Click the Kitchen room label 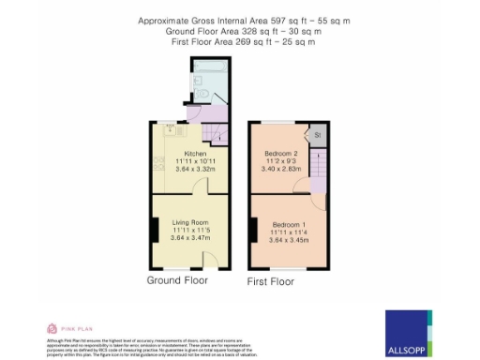[x=195, y=153]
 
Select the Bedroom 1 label [x=290, y=225]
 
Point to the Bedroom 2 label [x=282, y=153]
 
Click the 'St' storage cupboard [x=318, y=135]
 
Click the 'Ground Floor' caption [x=177, y=280]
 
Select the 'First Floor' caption [x=271, y=281]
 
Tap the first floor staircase [x=318, y=170]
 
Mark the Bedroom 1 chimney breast [x=253, y=228]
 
